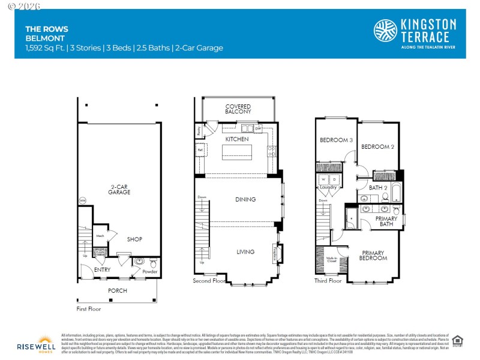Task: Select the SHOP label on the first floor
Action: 134,239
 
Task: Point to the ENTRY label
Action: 102,270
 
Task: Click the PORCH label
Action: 117,290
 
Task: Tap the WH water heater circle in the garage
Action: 82,200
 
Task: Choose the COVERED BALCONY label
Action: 238,109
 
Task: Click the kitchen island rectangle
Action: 237,152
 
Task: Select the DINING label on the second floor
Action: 245,200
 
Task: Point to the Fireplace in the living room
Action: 276,252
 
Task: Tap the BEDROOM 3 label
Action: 336,140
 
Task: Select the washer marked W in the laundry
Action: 324,179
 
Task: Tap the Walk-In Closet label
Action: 331,260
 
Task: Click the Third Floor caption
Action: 328,280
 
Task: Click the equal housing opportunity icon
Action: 457,340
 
